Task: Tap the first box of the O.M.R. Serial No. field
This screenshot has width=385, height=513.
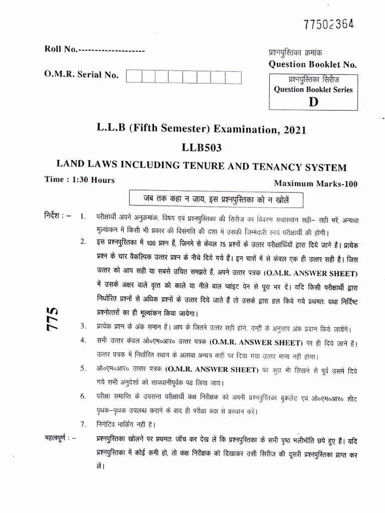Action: pyautogui.click(x=133, y=76)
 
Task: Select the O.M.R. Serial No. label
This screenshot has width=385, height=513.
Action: pyautogui.click(x=81, y=75)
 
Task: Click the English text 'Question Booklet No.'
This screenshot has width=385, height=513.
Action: pyautogui.click(x=312, y=64)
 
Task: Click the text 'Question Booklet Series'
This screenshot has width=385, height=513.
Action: pyautogui.click(x=313, y=90)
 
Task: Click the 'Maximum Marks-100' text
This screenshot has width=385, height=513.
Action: pyautogui.click(x=315, y=184)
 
